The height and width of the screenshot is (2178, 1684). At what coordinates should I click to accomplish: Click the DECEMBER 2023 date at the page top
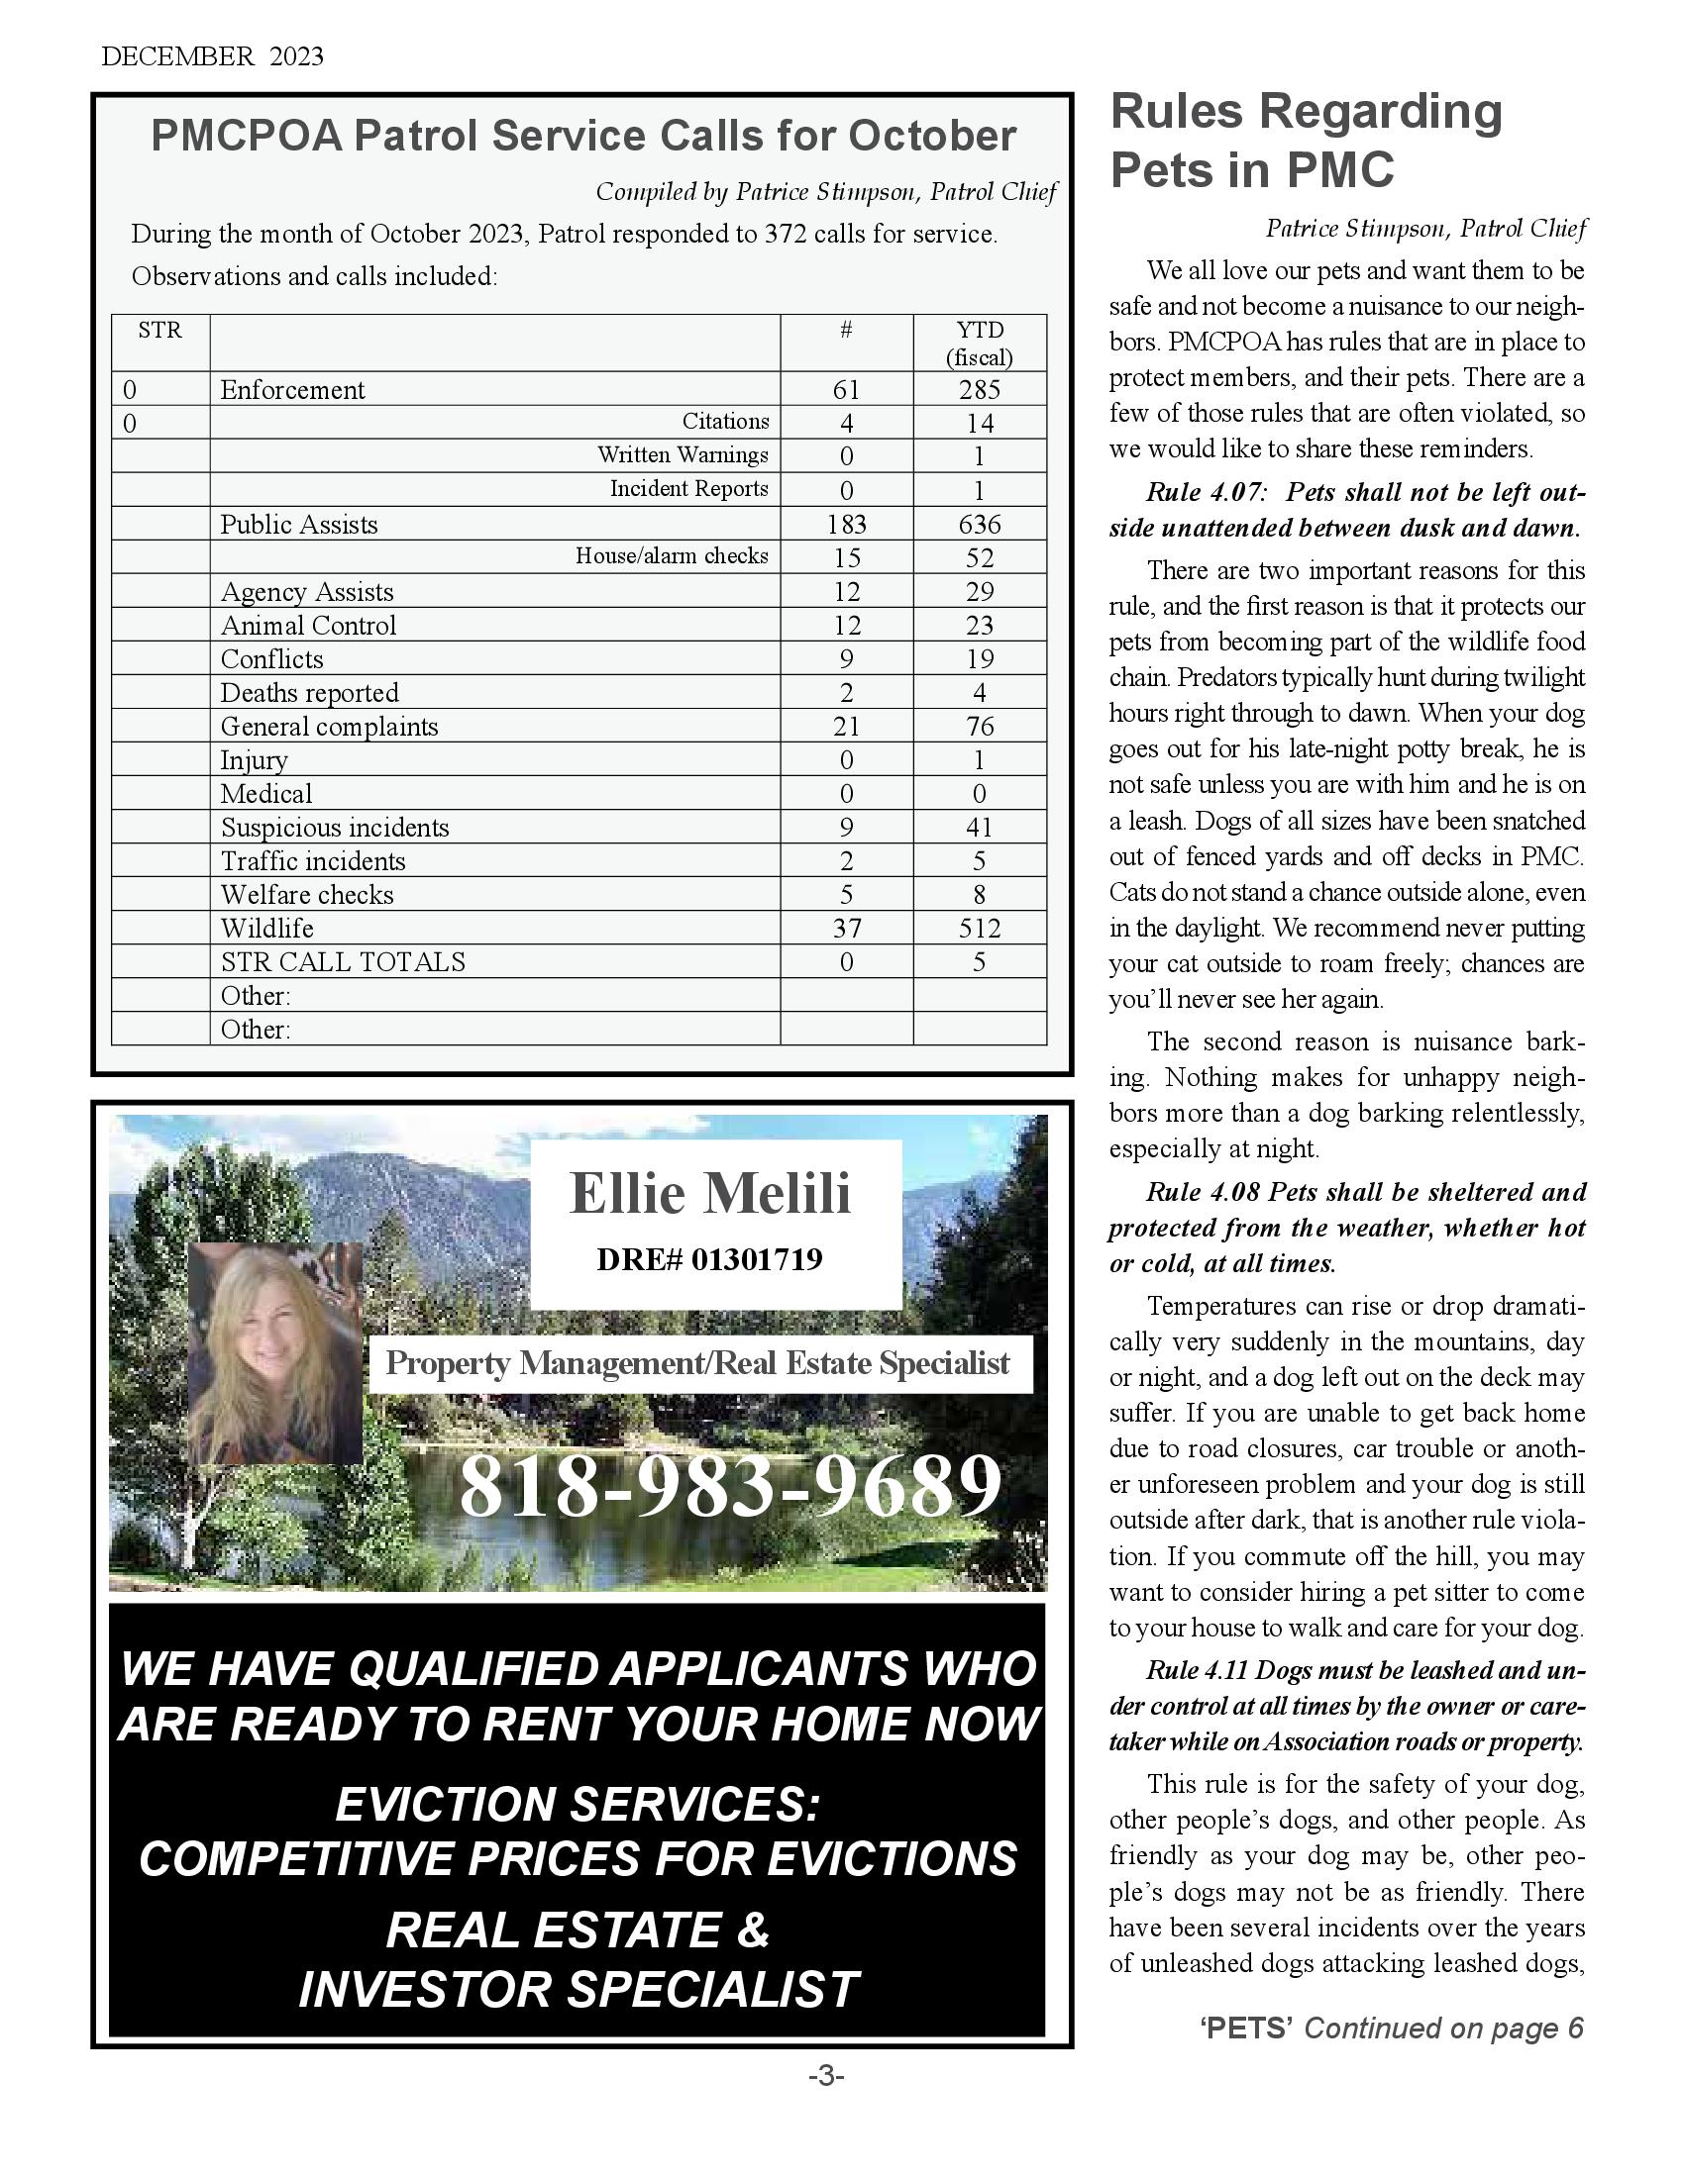[x=213, y=56]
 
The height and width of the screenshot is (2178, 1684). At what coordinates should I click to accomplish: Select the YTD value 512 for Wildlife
[x=979, y=929]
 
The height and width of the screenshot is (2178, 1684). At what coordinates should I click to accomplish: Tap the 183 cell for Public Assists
[x=846, y=525]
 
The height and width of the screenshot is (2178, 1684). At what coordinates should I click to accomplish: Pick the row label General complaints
[x=329, y=726]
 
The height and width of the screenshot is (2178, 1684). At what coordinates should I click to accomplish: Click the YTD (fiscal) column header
[x=979, y=344]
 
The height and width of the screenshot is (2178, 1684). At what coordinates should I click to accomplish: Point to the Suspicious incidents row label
[x=335, y=828]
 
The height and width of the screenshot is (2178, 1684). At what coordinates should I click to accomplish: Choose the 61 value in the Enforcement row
[x=846, y=390]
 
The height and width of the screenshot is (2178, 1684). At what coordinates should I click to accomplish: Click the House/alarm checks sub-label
[x=672, y=556]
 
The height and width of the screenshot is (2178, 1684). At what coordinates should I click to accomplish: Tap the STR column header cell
[x=159, y=330]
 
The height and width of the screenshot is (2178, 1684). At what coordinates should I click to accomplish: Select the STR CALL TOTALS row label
[x=343, y=962]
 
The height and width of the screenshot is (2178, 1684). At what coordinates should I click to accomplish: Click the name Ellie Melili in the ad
[x=710, y=1193]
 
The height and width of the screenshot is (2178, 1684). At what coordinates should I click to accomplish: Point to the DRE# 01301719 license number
[x=709, y=1259]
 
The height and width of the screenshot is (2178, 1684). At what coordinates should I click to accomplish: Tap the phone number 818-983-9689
[x=730, y=1486]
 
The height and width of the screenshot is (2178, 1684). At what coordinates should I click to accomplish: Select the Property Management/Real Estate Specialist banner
[x=697, y=1363]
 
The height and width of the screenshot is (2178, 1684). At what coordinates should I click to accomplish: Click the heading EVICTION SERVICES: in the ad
[x=578, y=1804]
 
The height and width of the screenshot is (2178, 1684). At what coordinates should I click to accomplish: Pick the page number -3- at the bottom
[x=826, y=2077]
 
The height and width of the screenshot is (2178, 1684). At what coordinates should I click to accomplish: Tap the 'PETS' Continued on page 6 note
[x=1392, y=2028]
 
